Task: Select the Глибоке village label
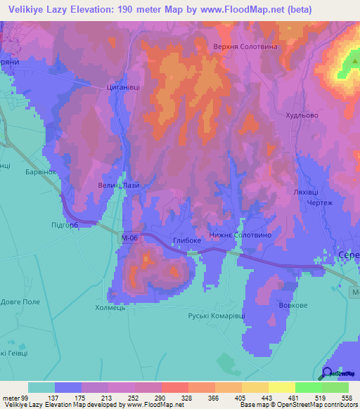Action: [186, 240]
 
